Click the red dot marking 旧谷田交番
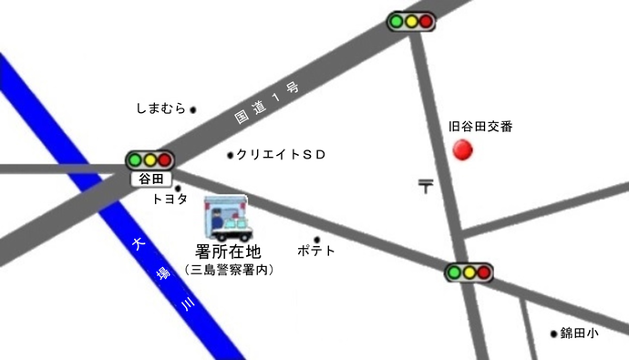[x=464, y=149]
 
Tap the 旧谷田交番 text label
[x=481, y=127]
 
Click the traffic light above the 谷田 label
[x=150, y=160]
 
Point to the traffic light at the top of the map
[x=409, y=21]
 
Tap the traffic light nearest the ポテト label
[x=469, y=272]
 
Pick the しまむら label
[x=160, y=108]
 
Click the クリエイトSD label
[x=281, y=155]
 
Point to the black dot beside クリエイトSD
[x=230, y=155]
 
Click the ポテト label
[x=316, y=251]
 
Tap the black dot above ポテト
[x=316, y=240]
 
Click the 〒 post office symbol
[x=426, y=186]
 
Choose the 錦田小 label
[x=579, y=334]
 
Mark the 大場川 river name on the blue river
[x=162, y=275]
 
